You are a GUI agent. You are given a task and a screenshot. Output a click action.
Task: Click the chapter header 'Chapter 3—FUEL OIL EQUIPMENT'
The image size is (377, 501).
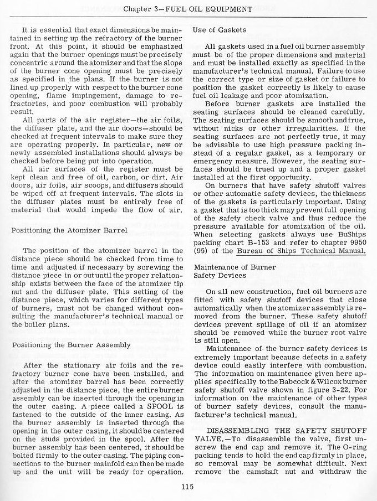[x=188, y=9]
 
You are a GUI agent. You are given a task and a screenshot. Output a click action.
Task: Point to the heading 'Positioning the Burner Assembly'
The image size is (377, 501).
[x=72, y=344]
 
